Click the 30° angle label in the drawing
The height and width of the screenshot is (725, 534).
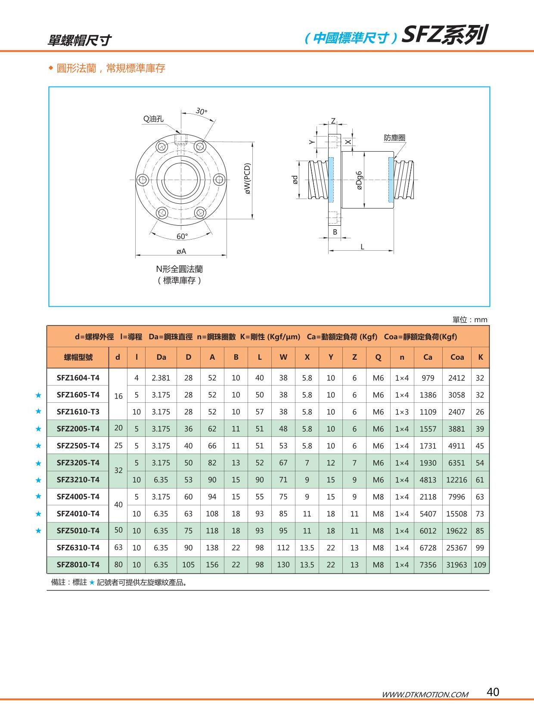coord(201,111)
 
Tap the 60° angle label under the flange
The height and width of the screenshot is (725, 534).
coord(182,236)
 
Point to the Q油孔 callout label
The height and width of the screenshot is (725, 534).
coord(153,119)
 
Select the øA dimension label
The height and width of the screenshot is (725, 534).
coord(181,251)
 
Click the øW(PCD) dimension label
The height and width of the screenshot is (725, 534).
coord(247,178)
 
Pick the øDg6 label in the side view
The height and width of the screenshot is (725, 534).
coord(359,180)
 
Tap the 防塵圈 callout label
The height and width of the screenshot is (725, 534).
coord(394,138)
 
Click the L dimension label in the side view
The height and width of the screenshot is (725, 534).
coord(362,246)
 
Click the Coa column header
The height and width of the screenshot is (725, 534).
coord(457,357)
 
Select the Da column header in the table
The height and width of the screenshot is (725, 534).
coord(161,357)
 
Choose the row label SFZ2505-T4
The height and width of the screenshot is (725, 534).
coord(78,445)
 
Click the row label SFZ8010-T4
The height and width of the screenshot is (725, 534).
coord(78,564)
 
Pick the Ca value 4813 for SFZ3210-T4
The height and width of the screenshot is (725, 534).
coord(428,479)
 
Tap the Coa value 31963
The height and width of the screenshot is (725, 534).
coord(456,564)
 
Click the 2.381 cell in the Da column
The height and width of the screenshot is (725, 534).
coord(161,378)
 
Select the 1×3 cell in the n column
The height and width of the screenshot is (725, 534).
coord(401,412)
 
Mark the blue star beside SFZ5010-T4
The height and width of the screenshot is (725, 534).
coord(38,530)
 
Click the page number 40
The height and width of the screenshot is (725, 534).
coord(493,692)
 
